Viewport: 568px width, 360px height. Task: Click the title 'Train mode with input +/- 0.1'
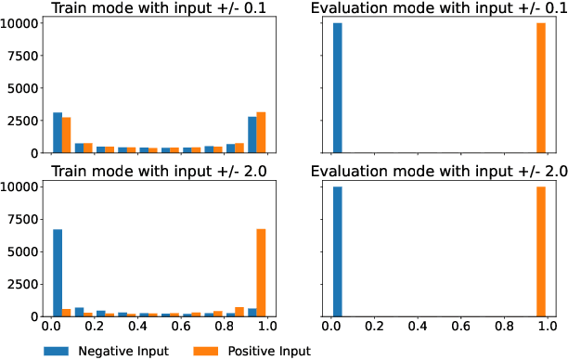click(158, 8)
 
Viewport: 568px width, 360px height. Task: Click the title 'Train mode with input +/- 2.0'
click(158, 172)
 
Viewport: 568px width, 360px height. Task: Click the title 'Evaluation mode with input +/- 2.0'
click(438, 172)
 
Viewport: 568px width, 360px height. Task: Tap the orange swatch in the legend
click(209, 351)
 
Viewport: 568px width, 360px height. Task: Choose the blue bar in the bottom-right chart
click(337, 251)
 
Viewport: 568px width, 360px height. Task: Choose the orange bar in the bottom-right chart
click(541, 251)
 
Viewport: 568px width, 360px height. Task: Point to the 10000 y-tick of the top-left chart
click(20, 23)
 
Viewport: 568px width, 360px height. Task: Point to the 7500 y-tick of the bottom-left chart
click(23, 219)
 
